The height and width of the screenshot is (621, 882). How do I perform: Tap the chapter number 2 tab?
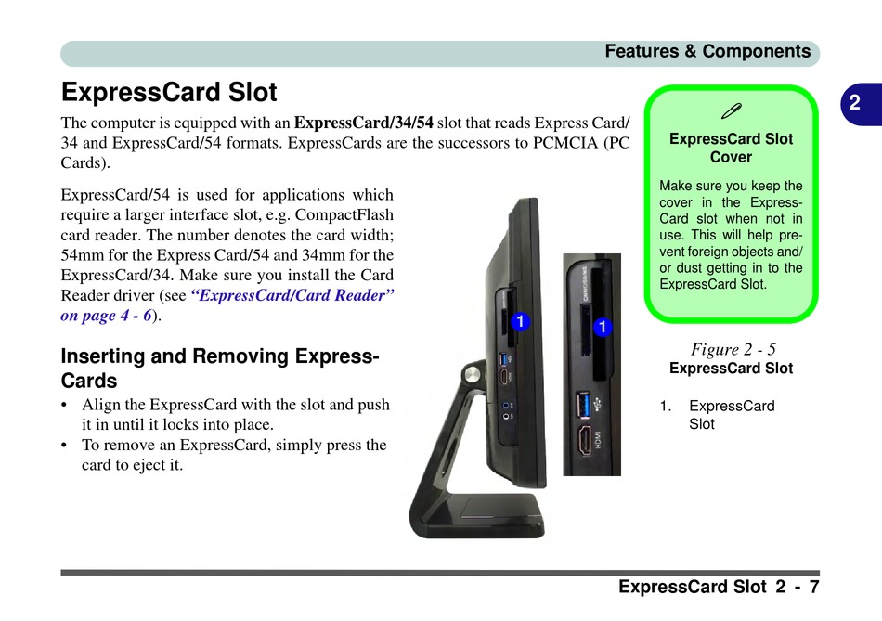(x=854, y=103)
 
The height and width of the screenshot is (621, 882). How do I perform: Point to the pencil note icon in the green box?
(x=731, y=111)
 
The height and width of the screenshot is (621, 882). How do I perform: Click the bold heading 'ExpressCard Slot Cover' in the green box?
(x=731, y=148)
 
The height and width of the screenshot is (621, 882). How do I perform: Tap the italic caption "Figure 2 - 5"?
(x=733, y=349)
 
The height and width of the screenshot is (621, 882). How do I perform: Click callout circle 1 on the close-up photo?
(x=603, y=327)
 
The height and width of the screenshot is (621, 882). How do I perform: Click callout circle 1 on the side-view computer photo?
(x=521, y=321)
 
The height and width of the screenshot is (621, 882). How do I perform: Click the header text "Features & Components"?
(x=707, y=51)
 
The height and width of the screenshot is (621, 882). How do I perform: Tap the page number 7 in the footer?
(x=813, y=587)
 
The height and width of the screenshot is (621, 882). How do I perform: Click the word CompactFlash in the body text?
(x=345, y=215)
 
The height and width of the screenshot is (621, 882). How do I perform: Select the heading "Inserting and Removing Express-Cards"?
(x=219, y=368)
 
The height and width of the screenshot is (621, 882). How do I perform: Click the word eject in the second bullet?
(x=142, y=465)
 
